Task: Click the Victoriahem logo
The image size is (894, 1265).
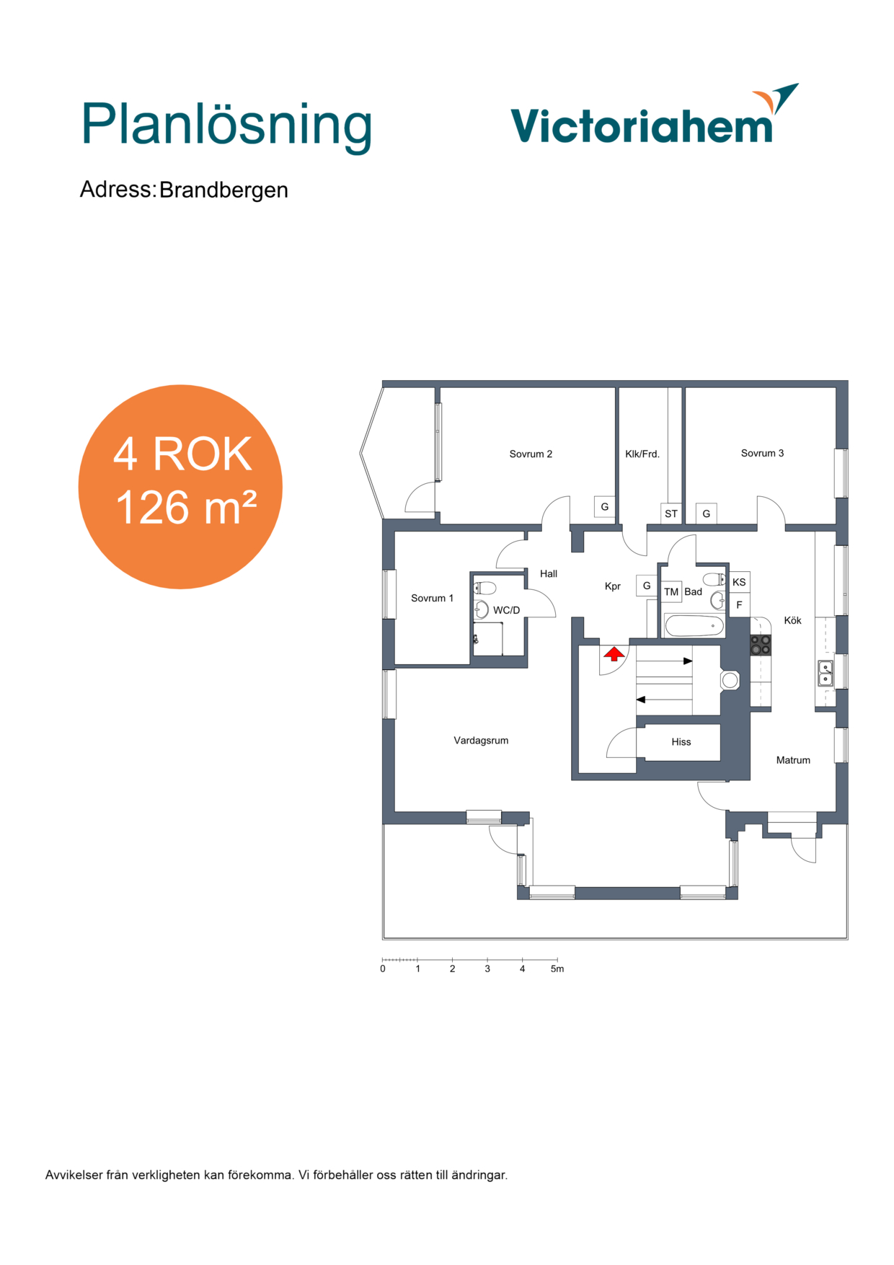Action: [x=654, y=115]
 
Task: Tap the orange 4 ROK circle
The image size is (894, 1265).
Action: [x=180, y=487]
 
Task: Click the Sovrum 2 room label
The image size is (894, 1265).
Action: [x=531, y=454]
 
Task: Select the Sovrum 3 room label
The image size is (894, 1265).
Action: [x=762, y=453]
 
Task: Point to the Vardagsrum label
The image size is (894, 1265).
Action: [x=481, y=740]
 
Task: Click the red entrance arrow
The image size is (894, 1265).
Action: [x=614, y=654]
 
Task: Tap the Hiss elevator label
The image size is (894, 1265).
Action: [x=681, y=741]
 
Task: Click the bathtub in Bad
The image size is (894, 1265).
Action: [x=694, y=625]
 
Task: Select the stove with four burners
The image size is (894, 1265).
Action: [x=761, y=645]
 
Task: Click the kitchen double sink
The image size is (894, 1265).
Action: [x=825, y=674]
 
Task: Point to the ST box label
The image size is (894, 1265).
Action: [x=671, y=514]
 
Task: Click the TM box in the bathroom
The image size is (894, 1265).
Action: [x=671, y=591]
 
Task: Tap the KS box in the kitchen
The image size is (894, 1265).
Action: [x=739, y=582]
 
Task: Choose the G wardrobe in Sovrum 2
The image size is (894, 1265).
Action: [x=605, y=506]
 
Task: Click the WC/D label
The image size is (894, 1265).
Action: [x=506, y=610]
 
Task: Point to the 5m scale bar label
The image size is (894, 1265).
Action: [x=557, y=969]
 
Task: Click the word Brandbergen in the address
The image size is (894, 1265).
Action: [x=223, y=190]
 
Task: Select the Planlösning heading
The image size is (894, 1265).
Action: [x=226, y=125]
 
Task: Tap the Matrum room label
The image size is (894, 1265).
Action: [x=793, y=759]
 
